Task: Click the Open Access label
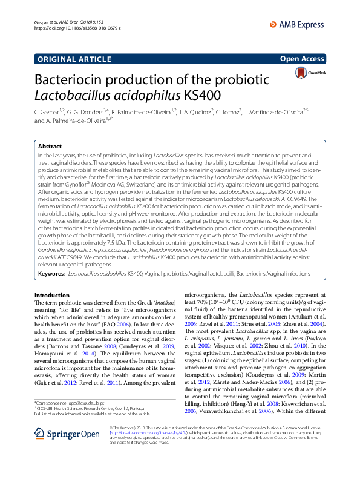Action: (303, 59)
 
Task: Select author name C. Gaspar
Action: (48, 112)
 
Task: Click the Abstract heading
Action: (50, 147)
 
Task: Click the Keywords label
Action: (51, 274)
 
